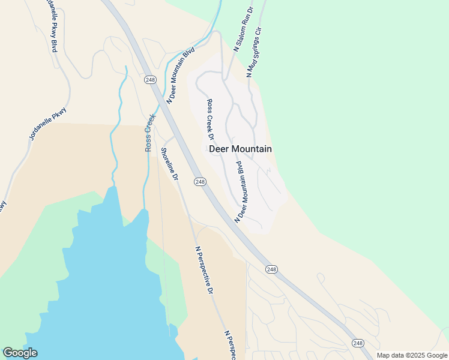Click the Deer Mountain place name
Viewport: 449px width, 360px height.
pos(240,149)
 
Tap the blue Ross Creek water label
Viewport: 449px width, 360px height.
pos(150,133)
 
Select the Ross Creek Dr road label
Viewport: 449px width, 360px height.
pos(211,119)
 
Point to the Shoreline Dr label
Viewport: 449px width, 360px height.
pos(169,164)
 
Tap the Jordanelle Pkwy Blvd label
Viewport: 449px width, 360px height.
pos(51,25)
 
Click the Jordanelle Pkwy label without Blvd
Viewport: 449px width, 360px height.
pos(48,124)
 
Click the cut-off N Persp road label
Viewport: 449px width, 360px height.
pos(229,344)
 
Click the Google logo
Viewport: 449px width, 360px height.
pos(20,353)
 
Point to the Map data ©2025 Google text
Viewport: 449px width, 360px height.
pos(412,355)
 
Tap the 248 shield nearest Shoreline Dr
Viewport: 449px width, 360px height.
pos(200,182)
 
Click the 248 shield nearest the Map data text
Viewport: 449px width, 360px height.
pos(358,343)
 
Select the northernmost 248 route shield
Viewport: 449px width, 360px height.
pos(149,79)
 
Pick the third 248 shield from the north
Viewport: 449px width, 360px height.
pos(271,269)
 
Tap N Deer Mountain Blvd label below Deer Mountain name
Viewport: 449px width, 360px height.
pos(241,191)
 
